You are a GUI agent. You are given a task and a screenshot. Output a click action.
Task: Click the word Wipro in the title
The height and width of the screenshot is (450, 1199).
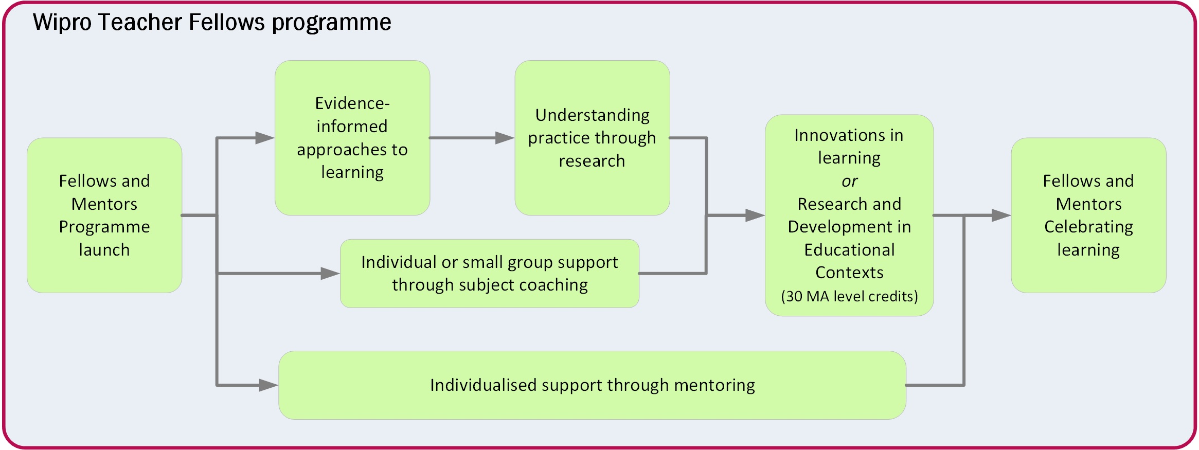(61, 23)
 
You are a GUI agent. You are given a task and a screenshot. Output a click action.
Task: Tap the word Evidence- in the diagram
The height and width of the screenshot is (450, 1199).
(352, 103)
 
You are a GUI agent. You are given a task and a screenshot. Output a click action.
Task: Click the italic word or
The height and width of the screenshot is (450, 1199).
(849, 182)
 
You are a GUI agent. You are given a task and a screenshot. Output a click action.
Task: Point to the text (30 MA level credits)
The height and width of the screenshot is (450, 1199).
(849, 297)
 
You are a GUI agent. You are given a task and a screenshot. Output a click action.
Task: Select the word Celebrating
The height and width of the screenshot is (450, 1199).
(1088, 227)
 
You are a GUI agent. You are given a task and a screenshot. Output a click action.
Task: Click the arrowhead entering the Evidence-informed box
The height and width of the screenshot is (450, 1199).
(265, 138)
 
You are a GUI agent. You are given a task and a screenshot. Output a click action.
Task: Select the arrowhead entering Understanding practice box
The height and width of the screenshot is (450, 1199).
(505, 138)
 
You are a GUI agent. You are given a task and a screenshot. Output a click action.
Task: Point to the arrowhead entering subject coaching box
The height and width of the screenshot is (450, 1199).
(330, 274)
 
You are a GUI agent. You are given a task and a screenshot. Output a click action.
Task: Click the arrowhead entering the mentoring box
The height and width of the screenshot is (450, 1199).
(269, 385)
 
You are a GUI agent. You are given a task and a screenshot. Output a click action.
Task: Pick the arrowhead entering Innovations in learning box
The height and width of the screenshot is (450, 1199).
(755, 215)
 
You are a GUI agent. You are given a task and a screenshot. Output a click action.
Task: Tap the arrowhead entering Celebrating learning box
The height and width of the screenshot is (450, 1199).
(1000, 215)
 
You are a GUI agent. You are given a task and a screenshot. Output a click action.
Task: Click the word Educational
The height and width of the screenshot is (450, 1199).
(849, 250)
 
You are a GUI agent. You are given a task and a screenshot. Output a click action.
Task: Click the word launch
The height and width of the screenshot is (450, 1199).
(104, 250)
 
